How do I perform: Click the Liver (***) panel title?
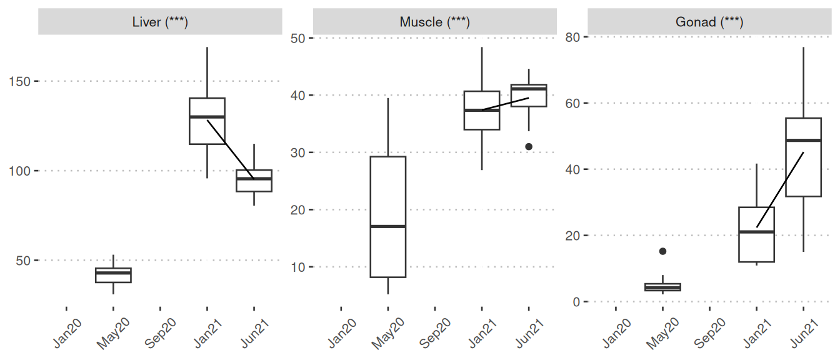pos(160,22)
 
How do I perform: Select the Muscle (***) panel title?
pos(434,22)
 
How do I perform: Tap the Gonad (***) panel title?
pos(709,22)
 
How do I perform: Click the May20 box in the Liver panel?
pos(113,275)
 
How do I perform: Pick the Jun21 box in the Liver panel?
pos(254,181)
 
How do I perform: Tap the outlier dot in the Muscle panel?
pos(529,146)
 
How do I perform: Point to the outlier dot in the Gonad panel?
pos(662,251)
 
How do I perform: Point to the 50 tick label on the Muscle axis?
pos(297,38)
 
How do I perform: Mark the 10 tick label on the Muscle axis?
pos(297,267)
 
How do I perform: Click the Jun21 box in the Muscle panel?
pos(529,95)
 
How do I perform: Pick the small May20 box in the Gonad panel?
pos(662,287)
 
